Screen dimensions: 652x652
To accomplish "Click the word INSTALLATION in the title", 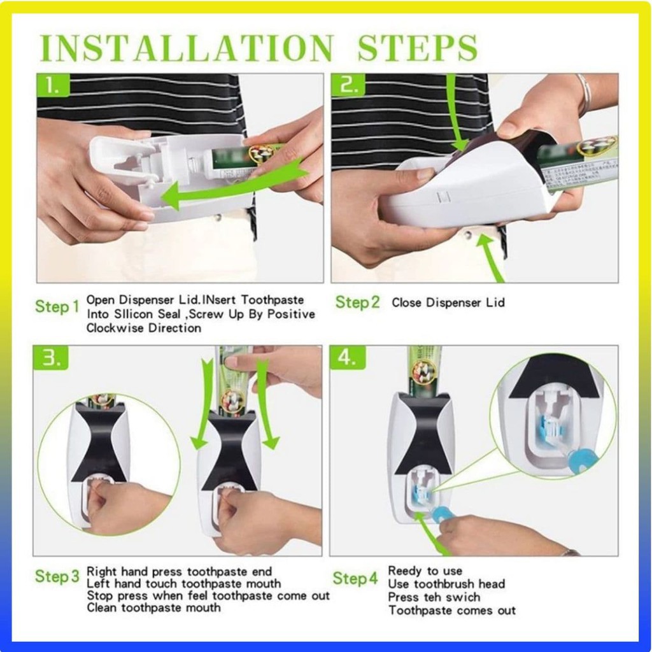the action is coord(187,48).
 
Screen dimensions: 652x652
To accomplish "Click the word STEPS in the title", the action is coord(417,48).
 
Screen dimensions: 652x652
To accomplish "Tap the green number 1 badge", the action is coord(53,85).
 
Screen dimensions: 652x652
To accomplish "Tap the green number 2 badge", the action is coord(348,85).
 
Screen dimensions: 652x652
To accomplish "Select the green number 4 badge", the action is coord(348,357).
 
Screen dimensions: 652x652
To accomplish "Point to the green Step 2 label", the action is coord(358,302).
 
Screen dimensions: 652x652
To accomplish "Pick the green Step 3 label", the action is coord(57,576).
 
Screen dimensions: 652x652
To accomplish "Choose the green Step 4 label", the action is coord(355,578).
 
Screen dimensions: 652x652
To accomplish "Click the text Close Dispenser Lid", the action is coord(448,302).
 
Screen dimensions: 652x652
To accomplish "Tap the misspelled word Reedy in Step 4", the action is coord(403,571).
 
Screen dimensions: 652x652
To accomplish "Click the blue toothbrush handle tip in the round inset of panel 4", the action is coord(577,460).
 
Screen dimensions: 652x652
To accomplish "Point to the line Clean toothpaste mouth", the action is coord(153,608).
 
